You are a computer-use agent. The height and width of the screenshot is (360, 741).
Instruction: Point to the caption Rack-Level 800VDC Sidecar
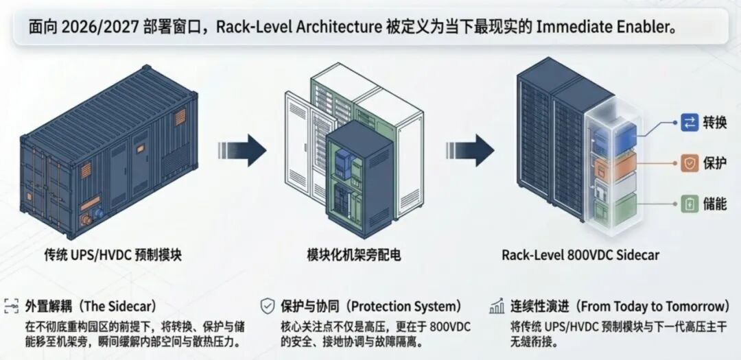tap(580, 255)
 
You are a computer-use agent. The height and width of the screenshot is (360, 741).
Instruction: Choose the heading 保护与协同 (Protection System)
tap(371, 306)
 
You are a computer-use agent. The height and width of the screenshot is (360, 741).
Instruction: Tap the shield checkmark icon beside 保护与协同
tap(268, 306)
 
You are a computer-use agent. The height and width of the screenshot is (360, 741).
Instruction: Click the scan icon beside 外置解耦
tap(11, 306)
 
